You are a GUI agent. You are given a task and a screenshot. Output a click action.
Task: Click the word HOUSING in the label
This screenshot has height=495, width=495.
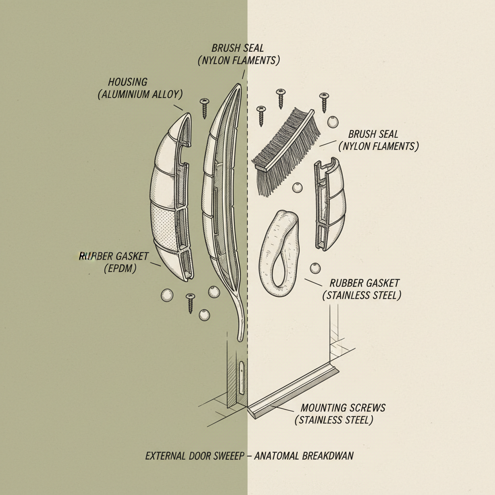pyautogui.click(x=128, y=82)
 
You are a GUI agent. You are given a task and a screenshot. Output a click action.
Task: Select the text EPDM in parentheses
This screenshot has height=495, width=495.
pyautogui.click(x=120, y=268)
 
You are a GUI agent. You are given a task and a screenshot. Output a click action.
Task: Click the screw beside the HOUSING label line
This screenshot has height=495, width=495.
pyautogui.click(x=204, y=107)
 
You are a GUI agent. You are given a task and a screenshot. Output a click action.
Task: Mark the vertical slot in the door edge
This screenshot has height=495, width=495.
pyautogui.click(x=241, y=375)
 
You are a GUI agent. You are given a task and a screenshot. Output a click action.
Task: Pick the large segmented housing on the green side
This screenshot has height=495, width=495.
pyautogui.click(x=172, y=198)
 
